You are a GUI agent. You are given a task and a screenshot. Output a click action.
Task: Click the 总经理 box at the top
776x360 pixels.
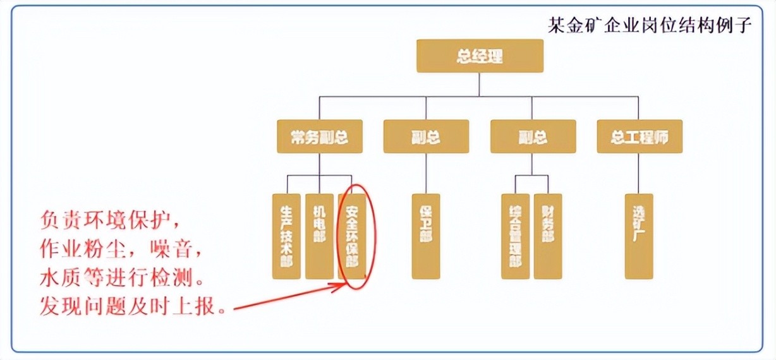(480, 56)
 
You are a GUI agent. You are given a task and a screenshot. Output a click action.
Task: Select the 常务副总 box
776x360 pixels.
(320, 136)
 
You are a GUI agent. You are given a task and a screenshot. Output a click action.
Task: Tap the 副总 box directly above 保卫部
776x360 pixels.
(426, 136)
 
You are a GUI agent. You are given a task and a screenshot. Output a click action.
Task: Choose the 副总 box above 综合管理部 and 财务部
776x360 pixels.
(532, 136)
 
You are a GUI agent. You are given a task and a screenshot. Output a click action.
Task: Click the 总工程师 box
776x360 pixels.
(640, 136)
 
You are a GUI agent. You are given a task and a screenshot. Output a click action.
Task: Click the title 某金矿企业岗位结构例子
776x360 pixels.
(650, 25)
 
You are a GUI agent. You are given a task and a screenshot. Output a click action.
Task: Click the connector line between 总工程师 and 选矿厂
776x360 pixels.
(639, 172)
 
